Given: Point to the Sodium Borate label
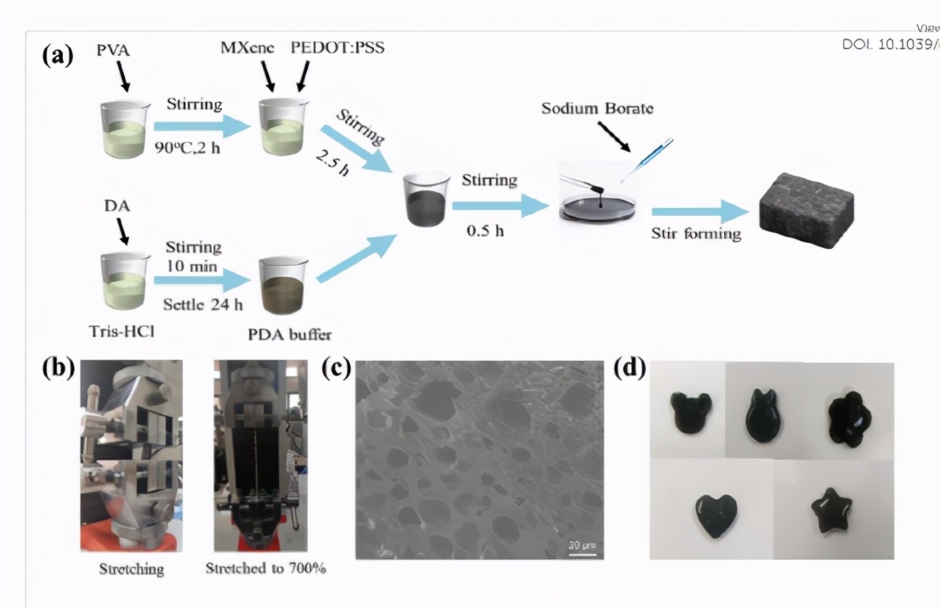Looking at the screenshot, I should click(597, 110).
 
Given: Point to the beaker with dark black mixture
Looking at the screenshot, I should click(425, 200).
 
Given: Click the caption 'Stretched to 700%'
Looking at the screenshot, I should click(266, 568).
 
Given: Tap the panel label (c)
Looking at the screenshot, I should click(337, 370).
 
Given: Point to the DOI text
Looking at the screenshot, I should click(890, 43).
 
